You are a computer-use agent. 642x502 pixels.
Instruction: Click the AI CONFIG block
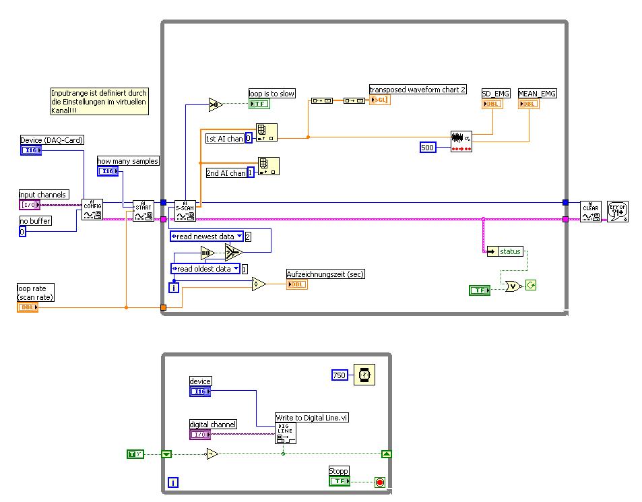(92, 210)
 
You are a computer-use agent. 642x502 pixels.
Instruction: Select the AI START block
(143, 210)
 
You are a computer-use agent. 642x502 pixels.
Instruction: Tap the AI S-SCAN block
(185, 210)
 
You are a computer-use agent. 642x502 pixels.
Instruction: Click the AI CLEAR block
(590, 210)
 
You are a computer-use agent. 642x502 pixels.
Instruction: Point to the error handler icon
(617, 210)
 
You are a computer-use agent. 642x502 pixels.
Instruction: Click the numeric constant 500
(428, 147)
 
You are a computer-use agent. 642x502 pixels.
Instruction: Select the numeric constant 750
(340, 375)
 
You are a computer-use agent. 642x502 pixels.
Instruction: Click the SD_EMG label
(496, 93)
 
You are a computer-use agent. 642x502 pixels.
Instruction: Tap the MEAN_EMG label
(537, 93)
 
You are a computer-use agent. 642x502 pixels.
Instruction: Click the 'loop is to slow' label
(271, 94)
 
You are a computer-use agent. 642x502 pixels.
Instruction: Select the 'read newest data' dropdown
(206, 237)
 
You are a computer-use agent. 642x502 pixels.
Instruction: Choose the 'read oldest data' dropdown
(205, 268)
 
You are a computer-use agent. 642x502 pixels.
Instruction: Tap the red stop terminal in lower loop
(379, 482)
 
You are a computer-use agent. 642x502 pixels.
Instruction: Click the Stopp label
(339, 471)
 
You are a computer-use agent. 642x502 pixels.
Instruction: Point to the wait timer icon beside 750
(364, 375)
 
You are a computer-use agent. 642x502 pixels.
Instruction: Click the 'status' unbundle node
(505, 251)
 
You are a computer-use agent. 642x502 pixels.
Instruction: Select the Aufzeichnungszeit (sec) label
(325, 274)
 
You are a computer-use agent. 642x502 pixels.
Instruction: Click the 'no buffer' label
(35, 220)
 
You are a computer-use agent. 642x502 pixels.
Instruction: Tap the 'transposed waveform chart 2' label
(417, 89)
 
